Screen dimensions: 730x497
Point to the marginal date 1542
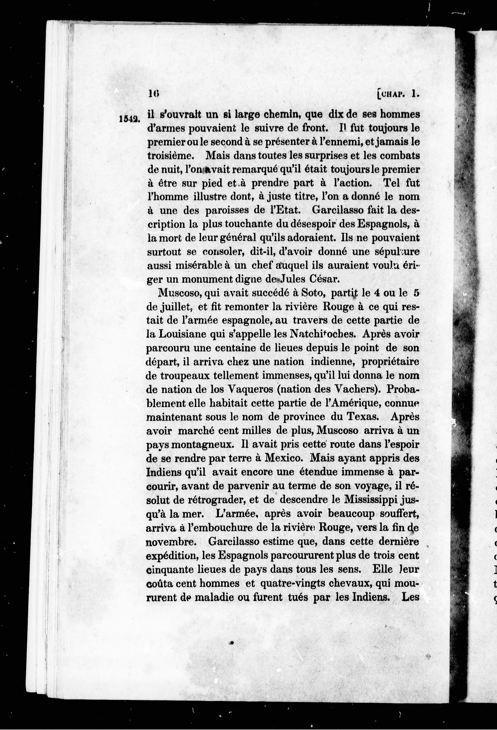click(129, 119)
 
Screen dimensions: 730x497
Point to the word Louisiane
click(181, 334)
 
